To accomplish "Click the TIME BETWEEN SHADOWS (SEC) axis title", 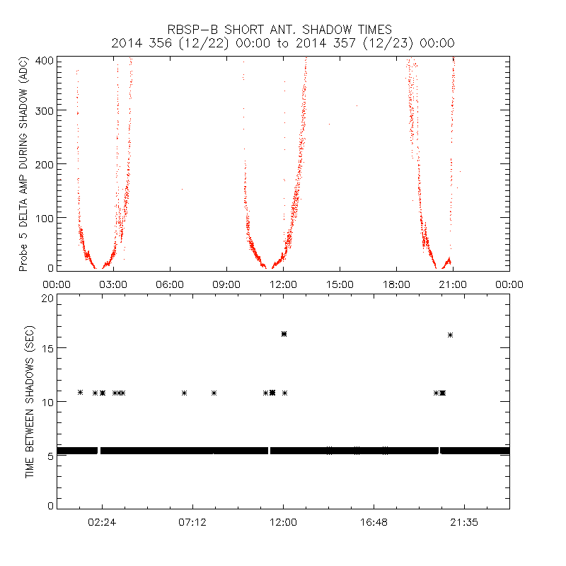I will pyautogui.click(x=30, y=403).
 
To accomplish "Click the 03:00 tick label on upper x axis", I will pyautogui.click(x=113, y=284).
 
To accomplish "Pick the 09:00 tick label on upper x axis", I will pyautogui.click(x=226, y=284).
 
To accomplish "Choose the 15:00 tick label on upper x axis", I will pyautogui.click(x=340, y=284).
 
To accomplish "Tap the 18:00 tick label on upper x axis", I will pyautogui.click(x=396, y=284).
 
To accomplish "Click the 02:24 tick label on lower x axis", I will pyautogui.click(x=102, y=522).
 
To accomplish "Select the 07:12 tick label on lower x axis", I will pyautogui.click(x=192, y=522).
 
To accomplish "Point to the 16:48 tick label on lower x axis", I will pyautogui.click(x=374, y=522).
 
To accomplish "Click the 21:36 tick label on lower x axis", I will pyautogui.click(x=464, y=522).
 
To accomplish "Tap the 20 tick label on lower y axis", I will pyautogui.click(x=48, y=298).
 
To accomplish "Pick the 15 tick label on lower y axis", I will pyautogui.click(x=48, y=348).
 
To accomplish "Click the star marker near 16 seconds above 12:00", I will pyautogui.click(x=284, y=333).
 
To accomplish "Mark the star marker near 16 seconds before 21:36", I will pyautogui.click(x=450, y=335).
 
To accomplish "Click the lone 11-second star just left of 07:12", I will pyautogui.click(x=184, y=393).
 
